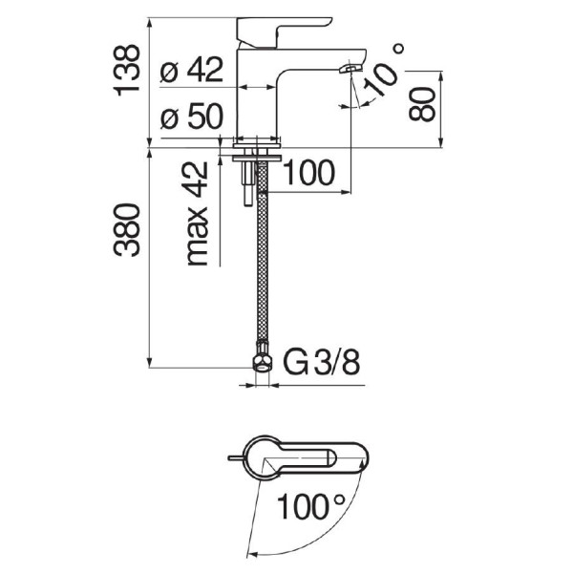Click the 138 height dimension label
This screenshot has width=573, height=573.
click(126, 70)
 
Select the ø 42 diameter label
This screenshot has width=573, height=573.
click(192, 69)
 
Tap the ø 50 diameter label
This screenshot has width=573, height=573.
click(192, 117)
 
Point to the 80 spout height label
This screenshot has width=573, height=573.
click(422, 104)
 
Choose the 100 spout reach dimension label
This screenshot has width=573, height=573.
click(308, 173)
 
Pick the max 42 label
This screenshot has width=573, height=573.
click(198, 213)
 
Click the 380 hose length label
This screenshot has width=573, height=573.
click(126, 229)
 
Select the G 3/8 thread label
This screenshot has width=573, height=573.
click(322, 363)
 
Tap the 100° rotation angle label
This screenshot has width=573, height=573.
click(310, 506)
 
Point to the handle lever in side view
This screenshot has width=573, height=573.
click(284, 32)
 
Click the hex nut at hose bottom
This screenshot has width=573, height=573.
click(263, 364)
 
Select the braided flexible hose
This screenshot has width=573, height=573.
click(263, 252)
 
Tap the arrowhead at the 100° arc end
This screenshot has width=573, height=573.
click(252, 555)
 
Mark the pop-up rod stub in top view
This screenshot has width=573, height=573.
click(235, 457)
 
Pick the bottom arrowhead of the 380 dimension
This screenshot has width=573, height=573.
click(149, 362)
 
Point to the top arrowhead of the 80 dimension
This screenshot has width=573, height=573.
click(440, 76)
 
